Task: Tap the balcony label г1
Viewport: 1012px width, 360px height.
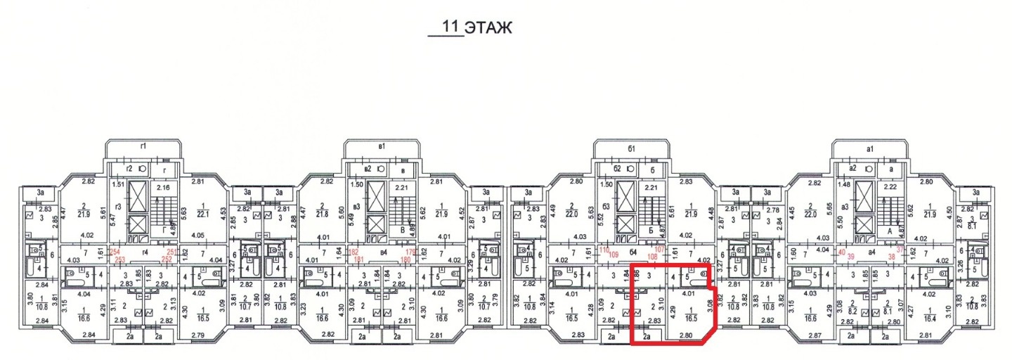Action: tap(143, 146)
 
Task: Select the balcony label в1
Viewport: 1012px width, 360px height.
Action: tap(382, 146)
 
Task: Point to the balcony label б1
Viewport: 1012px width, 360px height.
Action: tap(631, 148)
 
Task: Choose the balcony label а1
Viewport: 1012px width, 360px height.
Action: tap(870, 148)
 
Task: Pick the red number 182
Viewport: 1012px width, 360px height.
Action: tap(354, 252)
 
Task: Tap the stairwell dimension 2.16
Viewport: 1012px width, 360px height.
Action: tap(163, 188)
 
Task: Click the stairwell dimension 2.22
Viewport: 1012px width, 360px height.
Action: tap(890, 188)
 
